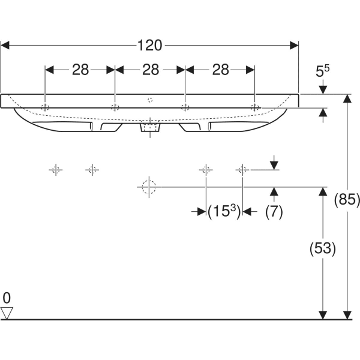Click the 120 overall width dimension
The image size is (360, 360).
tap(150, 45)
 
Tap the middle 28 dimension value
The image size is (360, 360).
tap(150, 70)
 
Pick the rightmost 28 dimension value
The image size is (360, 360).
tap(220, 70)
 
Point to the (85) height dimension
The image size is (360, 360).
tap(347, 200)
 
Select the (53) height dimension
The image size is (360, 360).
tap(323, 247)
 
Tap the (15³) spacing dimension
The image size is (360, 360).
tap(223, 211)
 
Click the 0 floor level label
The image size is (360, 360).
tap(7, 298)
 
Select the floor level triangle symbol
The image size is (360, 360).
tap(7, 312)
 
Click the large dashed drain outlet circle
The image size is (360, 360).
tap(147, 187)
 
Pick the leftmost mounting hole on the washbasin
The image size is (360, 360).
tap(45, 107)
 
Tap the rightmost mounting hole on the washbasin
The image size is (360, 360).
tap(255, 107)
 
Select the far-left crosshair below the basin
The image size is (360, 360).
tap(55, 170)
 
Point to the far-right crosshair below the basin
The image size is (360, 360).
tap(242, 170)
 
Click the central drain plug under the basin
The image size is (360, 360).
tap(150, 127)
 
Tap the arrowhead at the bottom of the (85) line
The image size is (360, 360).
tap(347, 314)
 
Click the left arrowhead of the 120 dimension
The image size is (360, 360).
tap(6, 45)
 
